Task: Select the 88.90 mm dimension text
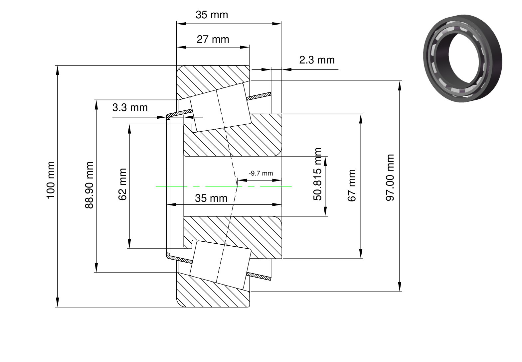pyautogui.click(x=89, y=185)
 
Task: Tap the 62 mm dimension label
pyautogui.click(x=122, y=184)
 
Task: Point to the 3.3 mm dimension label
pyautogui.click(x=130, y=108)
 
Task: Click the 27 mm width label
pyautogui.click(x=213, y=39)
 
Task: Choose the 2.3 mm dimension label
pyautogui.click(x=317, y=60)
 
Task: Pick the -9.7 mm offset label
pyautogui.click(x=261, y=173)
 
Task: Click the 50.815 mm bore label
pyautogui.click(x=317, y=174)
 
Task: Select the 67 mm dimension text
pyautogui.click(x=352, y=185)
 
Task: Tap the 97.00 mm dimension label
pyautogui.click(x=390, y=178)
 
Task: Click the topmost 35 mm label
pyautogui.click(x=212, y=15)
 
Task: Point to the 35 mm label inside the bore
pyautogui.click(x=211, y=198)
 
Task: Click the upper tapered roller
pyautogui.click(x=221, y=108)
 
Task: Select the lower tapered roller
pyautogui.click(x=221, y=265)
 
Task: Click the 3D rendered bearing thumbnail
pyautogui.click(x=462, y=58)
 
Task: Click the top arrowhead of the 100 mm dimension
pyautogui.click(x=58, y=70)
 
